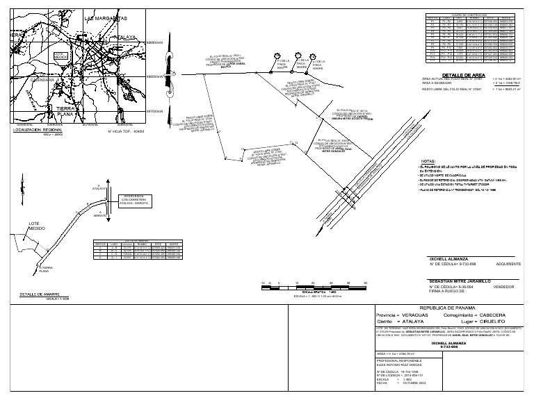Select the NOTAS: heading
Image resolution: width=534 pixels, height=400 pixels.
tap(427, 160)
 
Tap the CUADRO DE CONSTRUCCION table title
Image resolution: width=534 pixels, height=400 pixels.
tap(468, 14)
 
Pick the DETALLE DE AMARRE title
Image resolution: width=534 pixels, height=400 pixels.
tap(40, 294)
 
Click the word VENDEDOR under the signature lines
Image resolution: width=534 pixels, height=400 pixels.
tap(504, 286)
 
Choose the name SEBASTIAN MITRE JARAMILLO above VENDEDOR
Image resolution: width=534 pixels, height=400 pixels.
tap(460, 280)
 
